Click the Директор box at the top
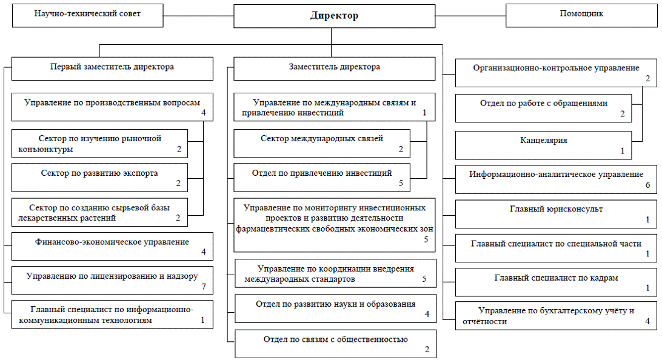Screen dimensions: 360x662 pyautogui.click(x=334, y=16)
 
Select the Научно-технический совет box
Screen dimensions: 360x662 pyautogui.click(x=88, y=15)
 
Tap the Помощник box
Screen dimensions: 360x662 pyautogui.click(x=581, y=15)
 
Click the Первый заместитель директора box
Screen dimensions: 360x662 pyautogui.click(x=112, y=68)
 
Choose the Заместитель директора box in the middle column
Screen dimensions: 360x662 pyautogui.click(x=334, y=68)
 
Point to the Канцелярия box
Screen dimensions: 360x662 pyautogui.click(x=543, y=144)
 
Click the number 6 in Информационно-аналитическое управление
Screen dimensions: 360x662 pyautogui.click(x=647, y=185)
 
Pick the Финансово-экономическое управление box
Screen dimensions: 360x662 pyautogui.click(x=112, y=245)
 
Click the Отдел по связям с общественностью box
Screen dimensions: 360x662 pyautogui.click(x=335, y=343)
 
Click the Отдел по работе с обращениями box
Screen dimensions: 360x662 pyautogui.click(x=543, y=108)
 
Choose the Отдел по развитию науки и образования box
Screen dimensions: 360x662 pyautogui.click(x=335, y=308)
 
